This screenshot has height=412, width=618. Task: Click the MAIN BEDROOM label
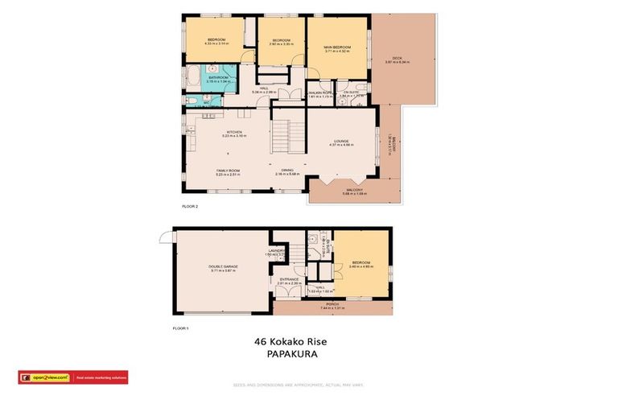click(336, 47)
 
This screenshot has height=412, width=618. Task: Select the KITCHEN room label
click(233, 133)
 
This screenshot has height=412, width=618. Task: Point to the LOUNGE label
click(341, 142)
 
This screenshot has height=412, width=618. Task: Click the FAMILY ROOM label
click(229, 171)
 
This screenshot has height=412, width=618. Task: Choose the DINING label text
click(286, 171)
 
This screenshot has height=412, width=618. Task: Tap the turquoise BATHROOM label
click(218, 78)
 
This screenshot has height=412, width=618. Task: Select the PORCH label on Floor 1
click(332, 304)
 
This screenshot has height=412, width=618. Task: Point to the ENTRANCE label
click(289, 280)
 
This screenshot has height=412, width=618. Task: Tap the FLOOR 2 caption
click(190, 206)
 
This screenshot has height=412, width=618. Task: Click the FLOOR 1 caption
click(181, 328)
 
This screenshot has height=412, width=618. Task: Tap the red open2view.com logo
click(45, 377)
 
